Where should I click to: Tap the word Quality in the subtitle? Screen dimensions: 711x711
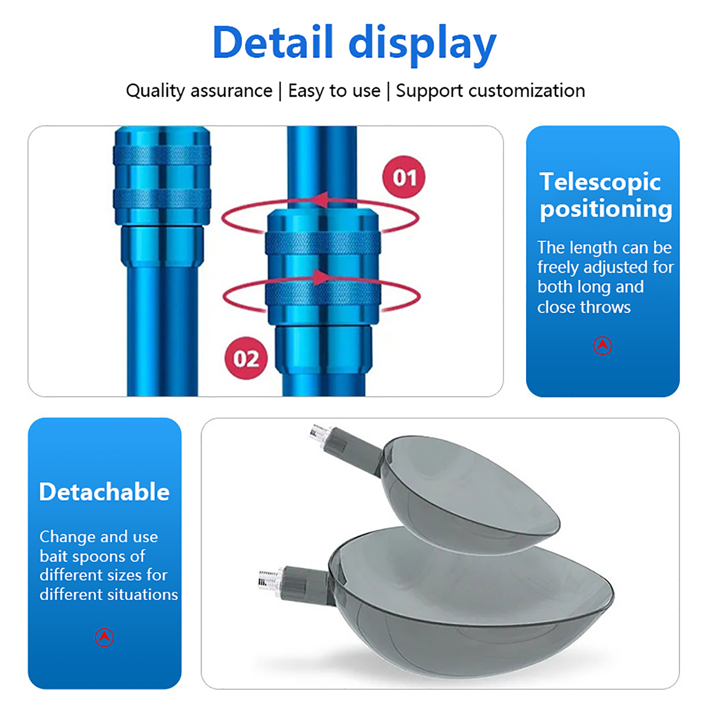(156, 91)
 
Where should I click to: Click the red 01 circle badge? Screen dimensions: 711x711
(404, 177)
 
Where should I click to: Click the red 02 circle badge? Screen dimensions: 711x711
(246, 358)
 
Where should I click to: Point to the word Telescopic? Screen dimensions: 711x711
(600, 182)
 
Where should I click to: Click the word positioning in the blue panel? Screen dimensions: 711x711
(606, 209)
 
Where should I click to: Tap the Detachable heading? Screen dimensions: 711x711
(104, 492)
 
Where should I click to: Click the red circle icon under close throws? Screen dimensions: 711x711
(603, 345)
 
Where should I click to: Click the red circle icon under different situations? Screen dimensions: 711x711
(104, 637)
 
